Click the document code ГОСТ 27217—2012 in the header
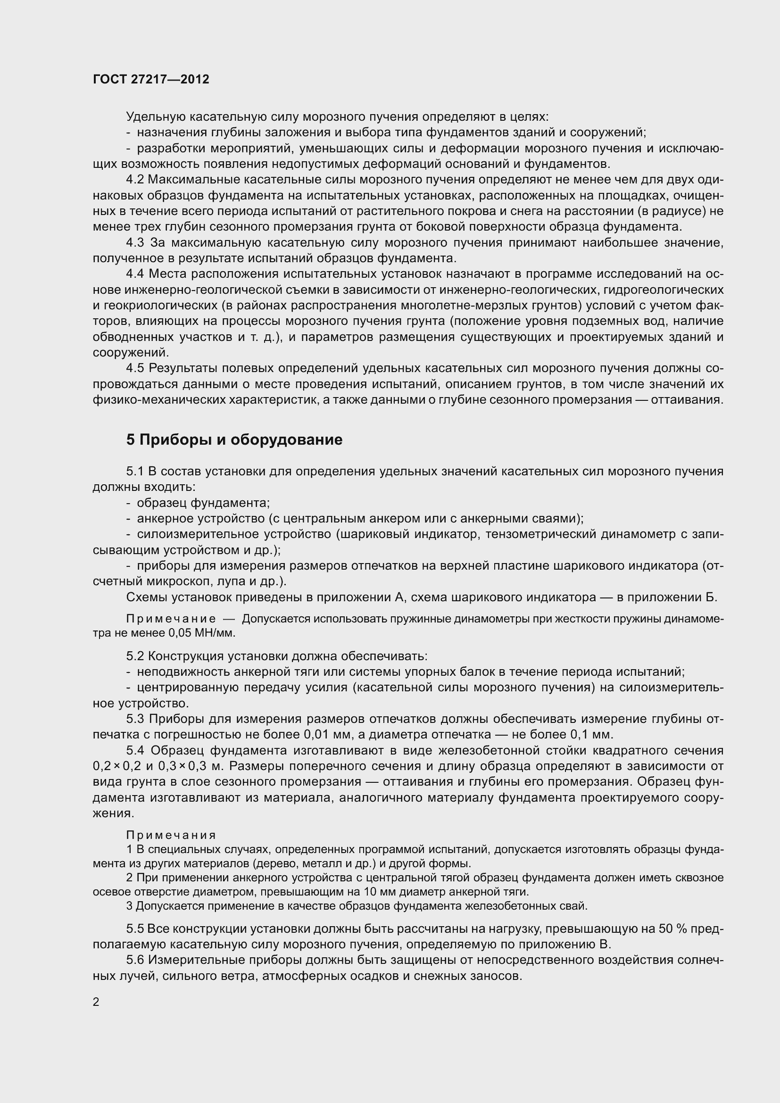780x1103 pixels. (151, 80)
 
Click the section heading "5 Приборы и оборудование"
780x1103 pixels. (234, 440)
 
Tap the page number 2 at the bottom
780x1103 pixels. (96, 1002)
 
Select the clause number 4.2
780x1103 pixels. (135, 180)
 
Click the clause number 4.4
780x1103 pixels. (135, 274)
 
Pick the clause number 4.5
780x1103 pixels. (135, 368)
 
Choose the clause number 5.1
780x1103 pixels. (135, 471)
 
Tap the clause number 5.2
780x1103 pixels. (135, 656)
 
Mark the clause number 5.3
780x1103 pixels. (135, 719)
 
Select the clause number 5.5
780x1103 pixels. (135, 929)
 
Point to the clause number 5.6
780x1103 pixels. (135, 960)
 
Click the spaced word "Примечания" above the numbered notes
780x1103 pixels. (171, 835)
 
